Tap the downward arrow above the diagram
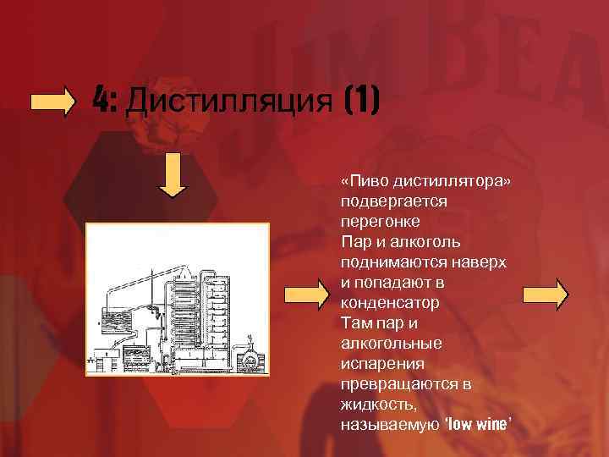(x=173, y=175)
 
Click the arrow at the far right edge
(x=546, y=295)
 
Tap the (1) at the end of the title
(x=362, y=102)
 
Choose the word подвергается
(x=392, y=202)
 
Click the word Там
(x=355, y=323)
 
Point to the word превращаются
(x=397, y=384)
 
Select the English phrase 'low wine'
(x=478, y=424)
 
